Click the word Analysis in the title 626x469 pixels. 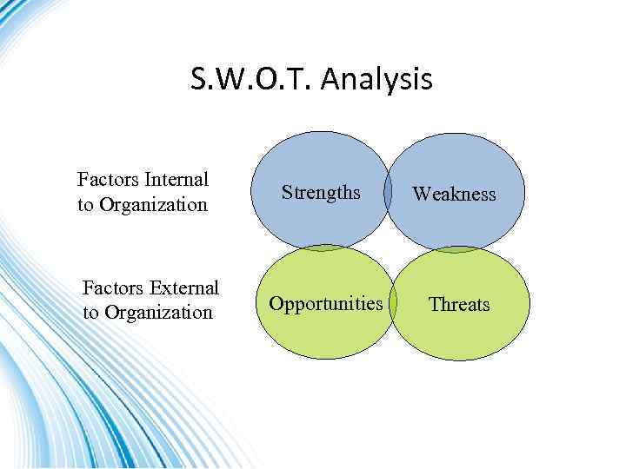pos(377,81)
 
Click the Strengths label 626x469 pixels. pos(321,193)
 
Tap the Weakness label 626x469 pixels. pos(454,194)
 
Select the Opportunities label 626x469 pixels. pos(326,304)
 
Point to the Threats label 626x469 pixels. pos(459,305)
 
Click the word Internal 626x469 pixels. pos(177,180)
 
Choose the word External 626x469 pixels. pos(183,287)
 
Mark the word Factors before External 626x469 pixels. pos(114,287)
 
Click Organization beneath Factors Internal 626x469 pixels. pos(153,205)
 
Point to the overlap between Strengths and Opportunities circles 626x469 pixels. pos(324,248)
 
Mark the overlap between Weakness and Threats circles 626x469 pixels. pos(456,250)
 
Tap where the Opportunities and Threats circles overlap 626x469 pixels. pos(392,304)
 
